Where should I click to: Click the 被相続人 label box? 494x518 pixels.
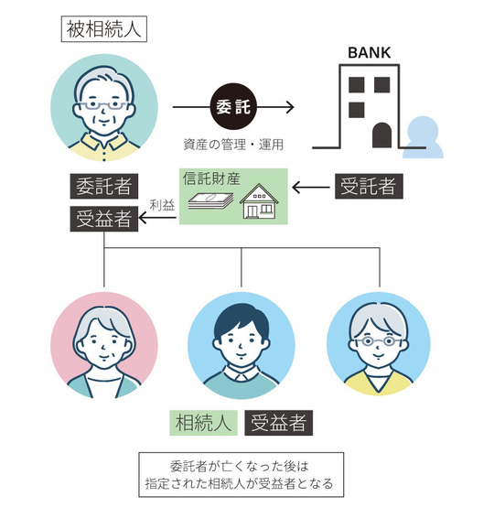pyautogui.click(x=103, y=27)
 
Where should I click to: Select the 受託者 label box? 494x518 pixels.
pyautogui.click(x=368, y=187)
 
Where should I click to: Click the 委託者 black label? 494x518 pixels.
pyautogui.click(x=105, y=188)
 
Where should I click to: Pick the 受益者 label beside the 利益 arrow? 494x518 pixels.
pyautogui.click(x=105, y=219)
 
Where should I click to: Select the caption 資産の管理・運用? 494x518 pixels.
pyautogui.click(x=234, y=144)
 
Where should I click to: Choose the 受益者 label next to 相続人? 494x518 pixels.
pyautogui.click(x=280, y=422)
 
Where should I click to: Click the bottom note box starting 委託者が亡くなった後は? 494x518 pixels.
pyautogui.click(x=241, y=474)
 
